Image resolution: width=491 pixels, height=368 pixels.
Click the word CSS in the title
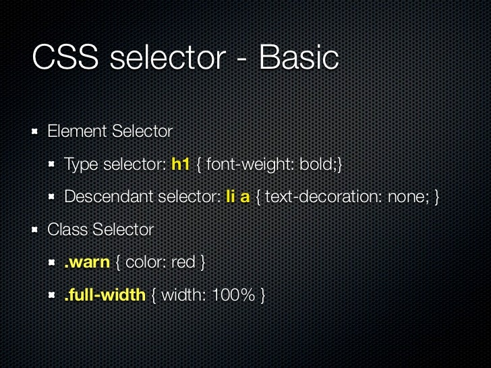[x=65, y=59]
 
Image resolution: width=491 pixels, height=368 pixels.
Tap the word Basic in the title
[x=298, y=59]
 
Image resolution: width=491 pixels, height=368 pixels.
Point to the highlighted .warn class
[x=86, y=262]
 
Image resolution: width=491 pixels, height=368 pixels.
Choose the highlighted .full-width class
[x=105, y=295]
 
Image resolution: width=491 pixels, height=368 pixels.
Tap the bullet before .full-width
[x=52, y=295]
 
